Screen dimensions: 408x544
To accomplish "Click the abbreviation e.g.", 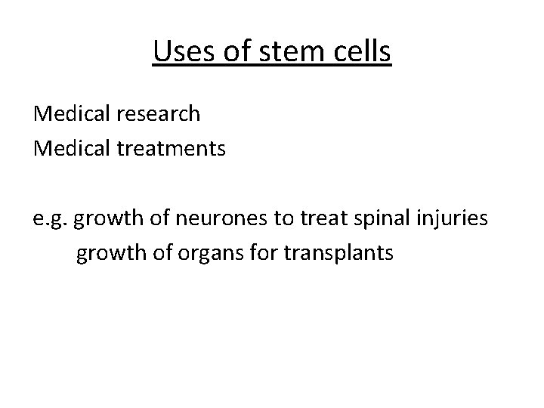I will click(50, 220).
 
